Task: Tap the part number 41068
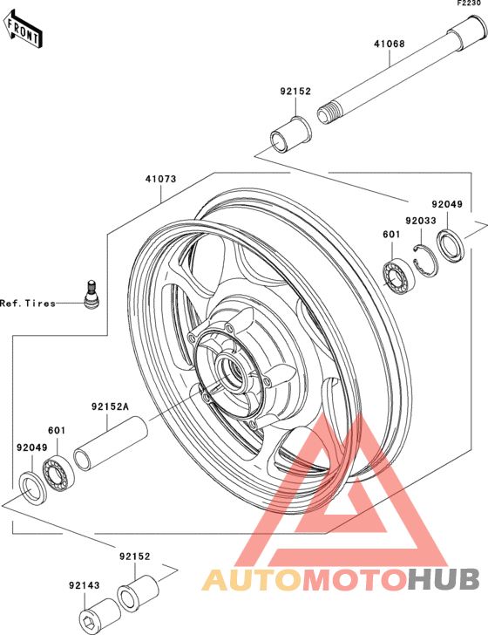(389, 44)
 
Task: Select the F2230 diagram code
(469, 3)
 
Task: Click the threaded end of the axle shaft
(327, 113)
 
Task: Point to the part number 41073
(160, 179)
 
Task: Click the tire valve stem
(91, 295)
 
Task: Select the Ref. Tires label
(28, 303)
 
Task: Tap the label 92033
(421, 221)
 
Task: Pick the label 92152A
(110, 406)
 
